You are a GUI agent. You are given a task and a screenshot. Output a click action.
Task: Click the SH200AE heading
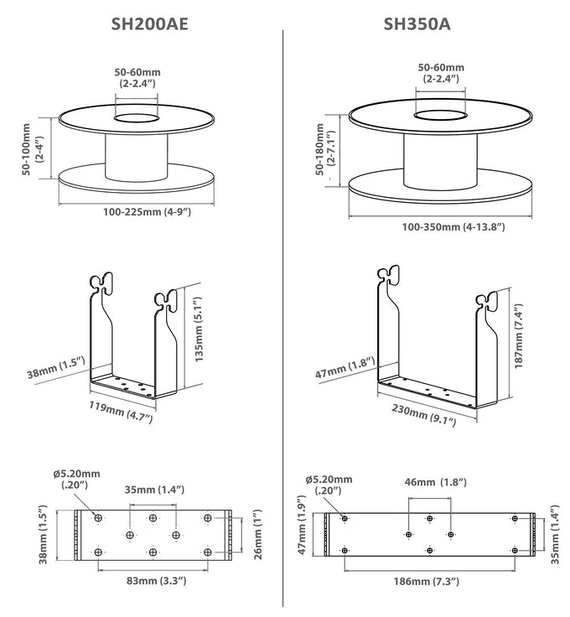(x=149, y=24)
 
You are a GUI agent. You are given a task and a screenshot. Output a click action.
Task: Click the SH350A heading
(x=417, y=24)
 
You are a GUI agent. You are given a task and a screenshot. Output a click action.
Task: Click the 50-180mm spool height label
(x=324, y=151)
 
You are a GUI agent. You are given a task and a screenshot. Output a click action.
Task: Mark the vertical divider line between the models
(x=283, y=319)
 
